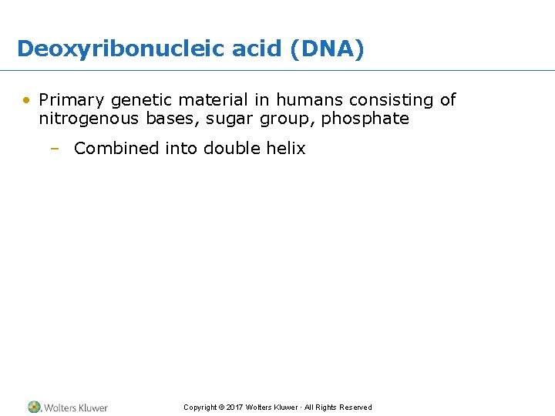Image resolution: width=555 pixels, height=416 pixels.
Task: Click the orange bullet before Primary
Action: pos(27,100)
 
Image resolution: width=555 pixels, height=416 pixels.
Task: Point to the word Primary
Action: pos(72,100)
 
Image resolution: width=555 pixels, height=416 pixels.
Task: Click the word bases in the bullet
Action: pos(172,119)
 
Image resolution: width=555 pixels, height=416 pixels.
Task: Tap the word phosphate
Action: pos(365,119)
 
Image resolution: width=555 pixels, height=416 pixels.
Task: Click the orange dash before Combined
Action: pos(54,149)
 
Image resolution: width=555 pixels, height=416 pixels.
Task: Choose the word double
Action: pos(232,148)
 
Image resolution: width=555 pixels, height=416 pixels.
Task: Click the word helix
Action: pos(286,148)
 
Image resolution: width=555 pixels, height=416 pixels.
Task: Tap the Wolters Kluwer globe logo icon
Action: pos(35,407)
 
